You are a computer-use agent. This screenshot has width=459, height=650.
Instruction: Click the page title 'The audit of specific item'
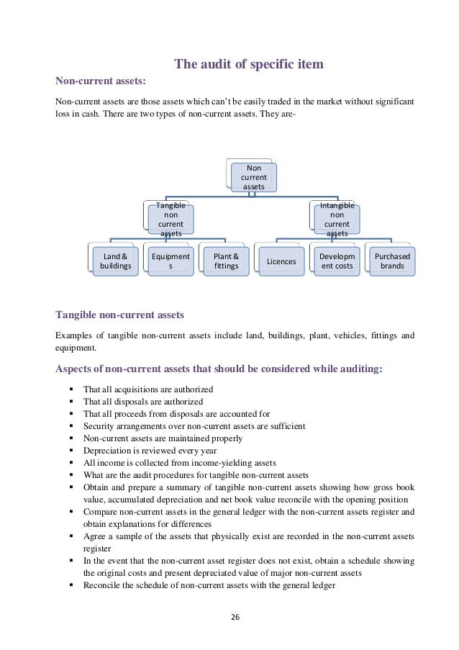click(x=249, y=66)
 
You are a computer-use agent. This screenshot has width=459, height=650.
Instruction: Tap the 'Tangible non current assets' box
click(x=171, y=219)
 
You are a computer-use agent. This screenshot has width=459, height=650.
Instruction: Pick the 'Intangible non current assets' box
click(x=337, y=219)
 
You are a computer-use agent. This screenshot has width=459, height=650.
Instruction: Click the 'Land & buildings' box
click(x=115, y=261)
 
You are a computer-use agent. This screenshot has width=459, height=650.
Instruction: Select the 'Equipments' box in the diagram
click(x=171, y=261)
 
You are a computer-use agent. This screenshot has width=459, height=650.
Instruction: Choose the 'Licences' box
click(x=281, y=261)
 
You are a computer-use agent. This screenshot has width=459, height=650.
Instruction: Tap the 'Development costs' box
click(x=337, y=261)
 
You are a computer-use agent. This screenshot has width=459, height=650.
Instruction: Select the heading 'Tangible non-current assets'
click(x=119, y=315)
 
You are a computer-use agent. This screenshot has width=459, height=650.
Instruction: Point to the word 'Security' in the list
click(x=99, y=425)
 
